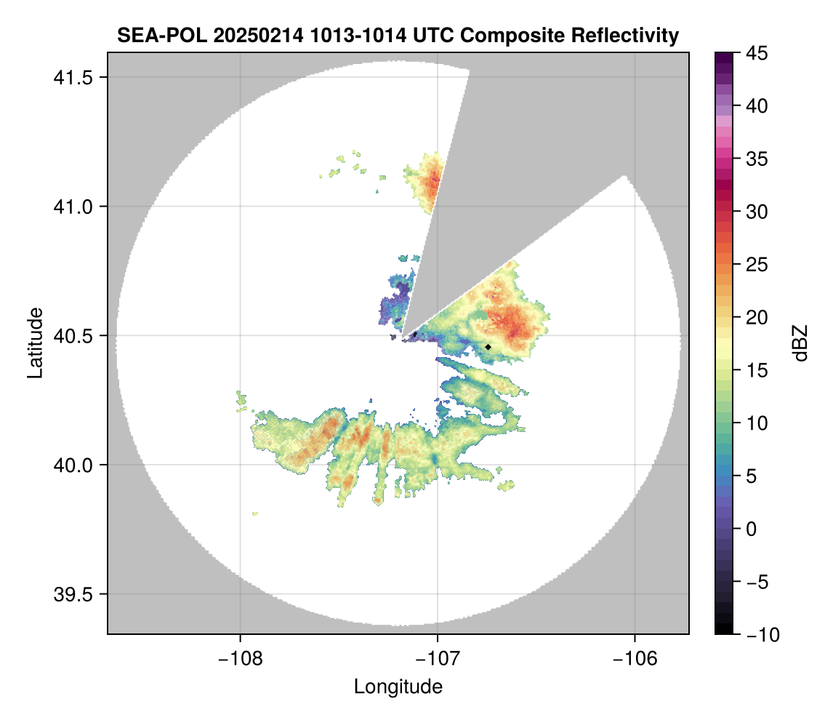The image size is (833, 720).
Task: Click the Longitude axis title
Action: tap(398, 686)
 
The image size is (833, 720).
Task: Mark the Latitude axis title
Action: tap(34, 343)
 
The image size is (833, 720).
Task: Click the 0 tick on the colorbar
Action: tap(752, 529)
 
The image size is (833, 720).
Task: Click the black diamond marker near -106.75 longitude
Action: tap(488, 347)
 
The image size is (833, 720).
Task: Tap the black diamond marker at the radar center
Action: tap(415, 335)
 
